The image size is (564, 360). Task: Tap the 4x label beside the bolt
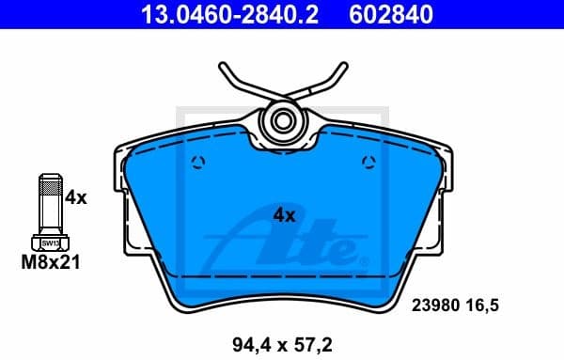(x=75, y=198)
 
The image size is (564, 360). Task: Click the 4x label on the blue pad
(x=284, y=215)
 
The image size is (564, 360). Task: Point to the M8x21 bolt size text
(x=50, y=264)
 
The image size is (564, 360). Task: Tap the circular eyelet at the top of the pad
(x=281, y=120)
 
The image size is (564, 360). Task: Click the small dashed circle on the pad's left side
(x=196, y=164)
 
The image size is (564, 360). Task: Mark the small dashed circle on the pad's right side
(x=367, y=164)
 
